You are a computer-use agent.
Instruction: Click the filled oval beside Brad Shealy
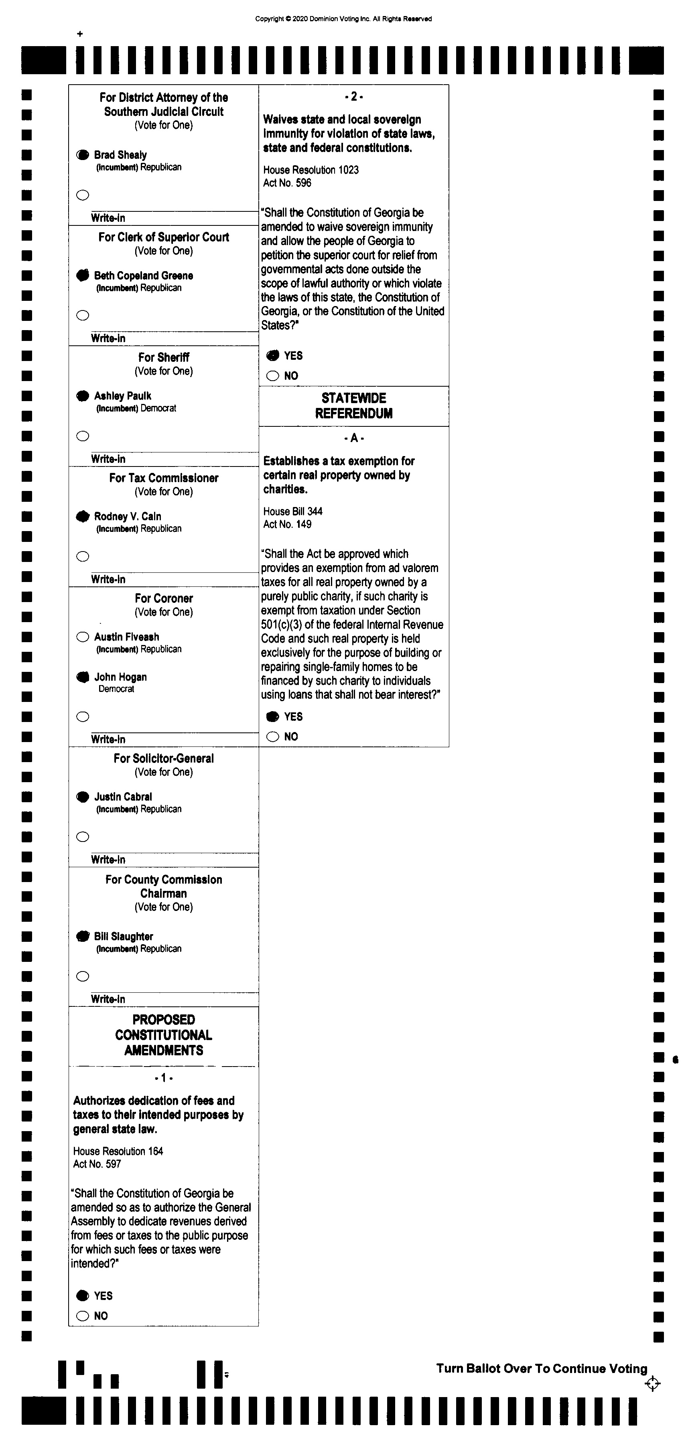click(82, 155)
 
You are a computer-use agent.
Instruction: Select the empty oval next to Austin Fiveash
click(82, 637)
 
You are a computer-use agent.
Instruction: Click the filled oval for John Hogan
click(82, 677)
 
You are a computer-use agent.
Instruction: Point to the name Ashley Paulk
click(122, 396)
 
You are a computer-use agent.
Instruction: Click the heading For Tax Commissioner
click(164, 478)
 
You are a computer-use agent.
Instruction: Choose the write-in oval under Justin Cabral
click(82, 837)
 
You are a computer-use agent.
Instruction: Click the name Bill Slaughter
click(123, 936)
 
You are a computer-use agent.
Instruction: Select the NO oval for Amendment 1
click(82, 1316)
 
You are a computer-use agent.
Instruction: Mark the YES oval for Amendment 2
click(272, 355)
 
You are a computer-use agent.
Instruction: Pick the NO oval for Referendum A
click(272, 736)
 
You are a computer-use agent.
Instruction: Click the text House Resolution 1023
click(311, 170)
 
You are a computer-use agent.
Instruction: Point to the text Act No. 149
click(287, 524)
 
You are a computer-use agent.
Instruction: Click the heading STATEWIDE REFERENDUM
click(354, 406)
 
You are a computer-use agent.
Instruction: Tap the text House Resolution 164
click(118, 1151)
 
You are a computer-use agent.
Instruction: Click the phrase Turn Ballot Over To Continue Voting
click(542, 1368)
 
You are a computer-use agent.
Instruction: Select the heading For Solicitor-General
click(164, 759)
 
